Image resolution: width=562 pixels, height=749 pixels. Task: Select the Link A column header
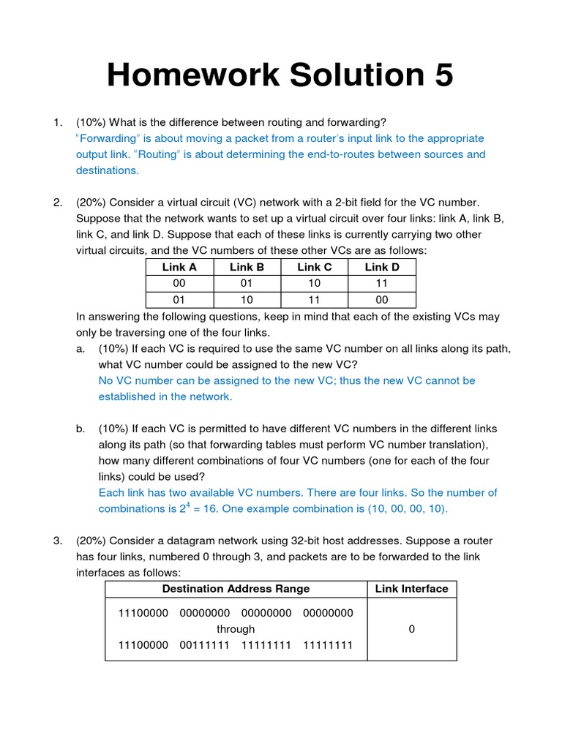(179, 267)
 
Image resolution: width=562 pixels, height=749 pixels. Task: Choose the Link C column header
(315, 267)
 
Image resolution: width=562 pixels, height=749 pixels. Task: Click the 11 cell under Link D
(382, 283)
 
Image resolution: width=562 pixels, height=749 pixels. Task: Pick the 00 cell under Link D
(382, 299)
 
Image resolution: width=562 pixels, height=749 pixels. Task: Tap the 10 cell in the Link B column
(247, 299)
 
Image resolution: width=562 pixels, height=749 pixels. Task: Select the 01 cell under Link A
(179, 299)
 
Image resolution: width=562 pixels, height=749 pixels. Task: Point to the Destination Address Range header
(236, 589)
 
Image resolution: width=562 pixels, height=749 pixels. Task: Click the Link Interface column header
(411, 589)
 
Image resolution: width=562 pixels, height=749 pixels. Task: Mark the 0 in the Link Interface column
(412, 629)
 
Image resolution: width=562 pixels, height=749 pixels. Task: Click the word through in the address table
(236, 629)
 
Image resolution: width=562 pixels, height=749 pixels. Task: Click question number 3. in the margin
(58, 541)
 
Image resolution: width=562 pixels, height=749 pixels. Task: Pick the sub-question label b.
(80, 429)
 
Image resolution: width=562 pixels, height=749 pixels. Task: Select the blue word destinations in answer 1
(107, 170)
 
